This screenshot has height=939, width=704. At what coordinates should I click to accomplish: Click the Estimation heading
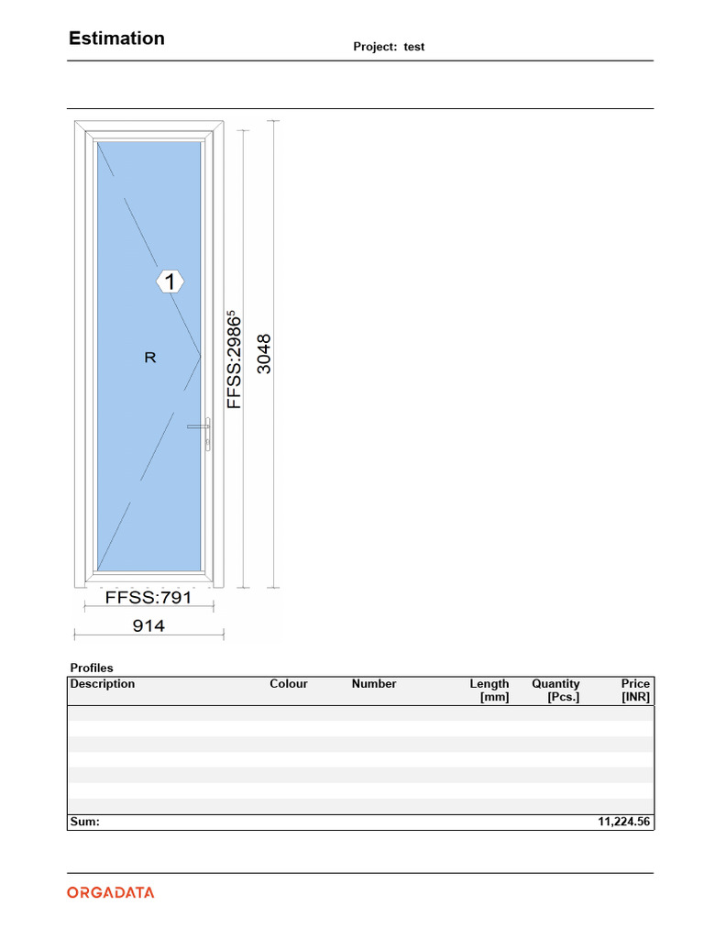116,39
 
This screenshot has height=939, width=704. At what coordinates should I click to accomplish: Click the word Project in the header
375,47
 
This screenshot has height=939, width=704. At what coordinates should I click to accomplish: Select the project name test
414,47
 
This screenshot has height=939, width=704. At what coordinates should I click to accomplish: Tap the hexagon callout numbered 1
170,282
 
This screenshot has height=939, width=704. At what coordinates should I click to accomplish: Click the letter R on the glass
150,358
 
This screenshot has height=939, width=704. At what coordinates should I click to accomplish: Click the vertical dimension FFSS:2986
236,360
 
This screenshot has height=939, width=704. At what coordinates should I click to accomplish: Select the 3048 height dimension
265,353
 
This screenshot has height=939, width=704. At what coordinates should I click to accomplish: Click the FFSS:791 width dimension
148,598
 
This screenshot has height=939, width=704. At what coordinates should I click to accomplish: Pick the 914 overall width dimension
148,625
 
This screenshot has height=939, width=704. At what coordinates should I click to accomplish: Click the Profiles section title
92,668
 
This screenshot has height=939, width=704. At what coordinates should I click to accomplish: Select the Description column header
103,684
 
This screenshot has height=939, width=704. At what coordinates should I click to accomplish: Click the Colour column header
289,684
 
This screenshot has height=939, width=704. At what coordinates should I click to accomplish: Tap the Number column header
374,684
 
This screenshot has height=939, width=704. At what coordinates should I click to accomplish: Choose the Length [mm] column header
489,690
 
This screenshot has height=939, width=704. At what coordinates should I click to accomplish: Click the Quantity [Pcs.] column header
555,690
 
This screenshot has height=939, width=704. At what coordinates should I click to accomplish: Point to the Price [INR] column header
634,690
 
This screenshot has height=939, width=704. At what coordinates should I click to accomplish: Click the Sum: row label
84,823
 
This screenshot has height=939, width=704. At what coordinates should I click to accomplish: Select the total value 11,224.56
624,823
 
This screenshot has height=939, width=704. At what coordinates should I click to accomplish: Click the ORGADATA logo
110,892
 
